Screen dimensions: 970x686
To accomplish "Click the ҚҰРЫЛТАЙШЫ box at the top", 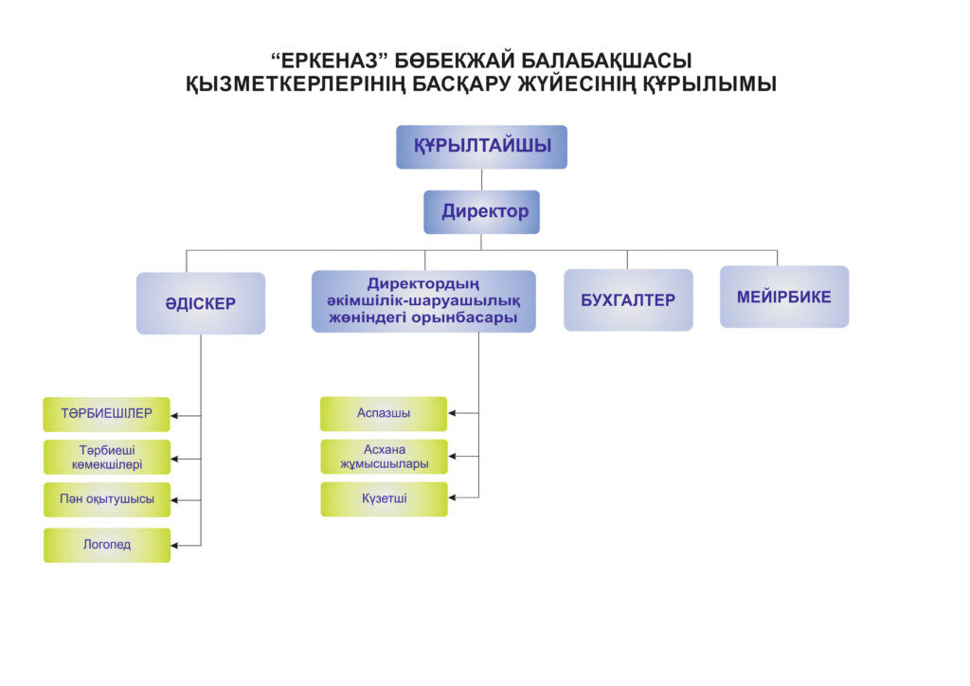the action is (x=481, y=147).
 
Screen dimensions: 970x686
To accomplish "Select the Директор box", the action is (x=481, y=212).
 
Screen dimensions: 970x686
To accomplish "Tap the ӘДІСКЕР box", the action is (x=201, y=303).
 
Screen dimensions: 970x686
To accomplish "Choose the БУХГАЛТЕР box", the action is (x=628, y=300).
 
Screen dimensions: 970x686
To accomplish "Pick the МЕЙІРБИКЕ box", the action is (x=783, y=297).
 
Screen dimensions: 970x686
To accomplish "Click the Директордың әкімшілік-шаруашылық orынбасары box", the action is (x=423, y=301).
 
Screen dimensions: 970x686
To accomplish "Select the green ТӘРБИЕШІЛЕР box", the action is (x=106, y=414).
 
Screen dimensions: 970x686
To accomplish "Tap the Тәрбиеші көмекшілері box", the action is (x=107, y=457).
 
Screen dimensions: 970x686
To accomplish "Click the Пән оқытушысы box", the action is (x=107, y=499).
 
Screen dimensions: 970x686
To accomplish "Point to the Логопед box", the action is (x=107, y=545).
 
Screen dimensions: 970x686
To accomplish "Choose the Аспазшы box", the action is (x=384, y=413).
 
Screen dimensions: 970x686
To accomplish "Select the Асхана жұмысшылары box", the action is (x=385, y=457).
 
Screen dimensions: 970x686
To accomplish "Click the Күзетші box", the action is (x=385, y=498).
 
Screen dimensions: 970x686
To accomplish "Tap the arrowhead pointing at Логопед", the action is (x=174, y=546).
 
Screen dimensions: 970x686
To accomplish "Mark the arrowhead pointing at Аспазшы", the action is (x=452, y=412).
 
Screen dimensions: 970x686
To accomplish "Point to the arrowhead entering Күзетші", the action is (x=452, y=497).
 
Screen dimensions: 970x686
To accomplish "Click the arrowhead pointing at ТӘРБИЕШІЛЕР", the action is (x=174, y=416).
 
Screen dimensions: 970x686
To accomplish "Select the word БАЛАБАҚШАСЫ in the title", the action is (x=606, y=61).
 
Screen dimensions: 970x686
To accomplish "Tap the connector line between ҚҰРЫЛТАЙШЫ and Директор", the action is (x=481, y=179).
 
